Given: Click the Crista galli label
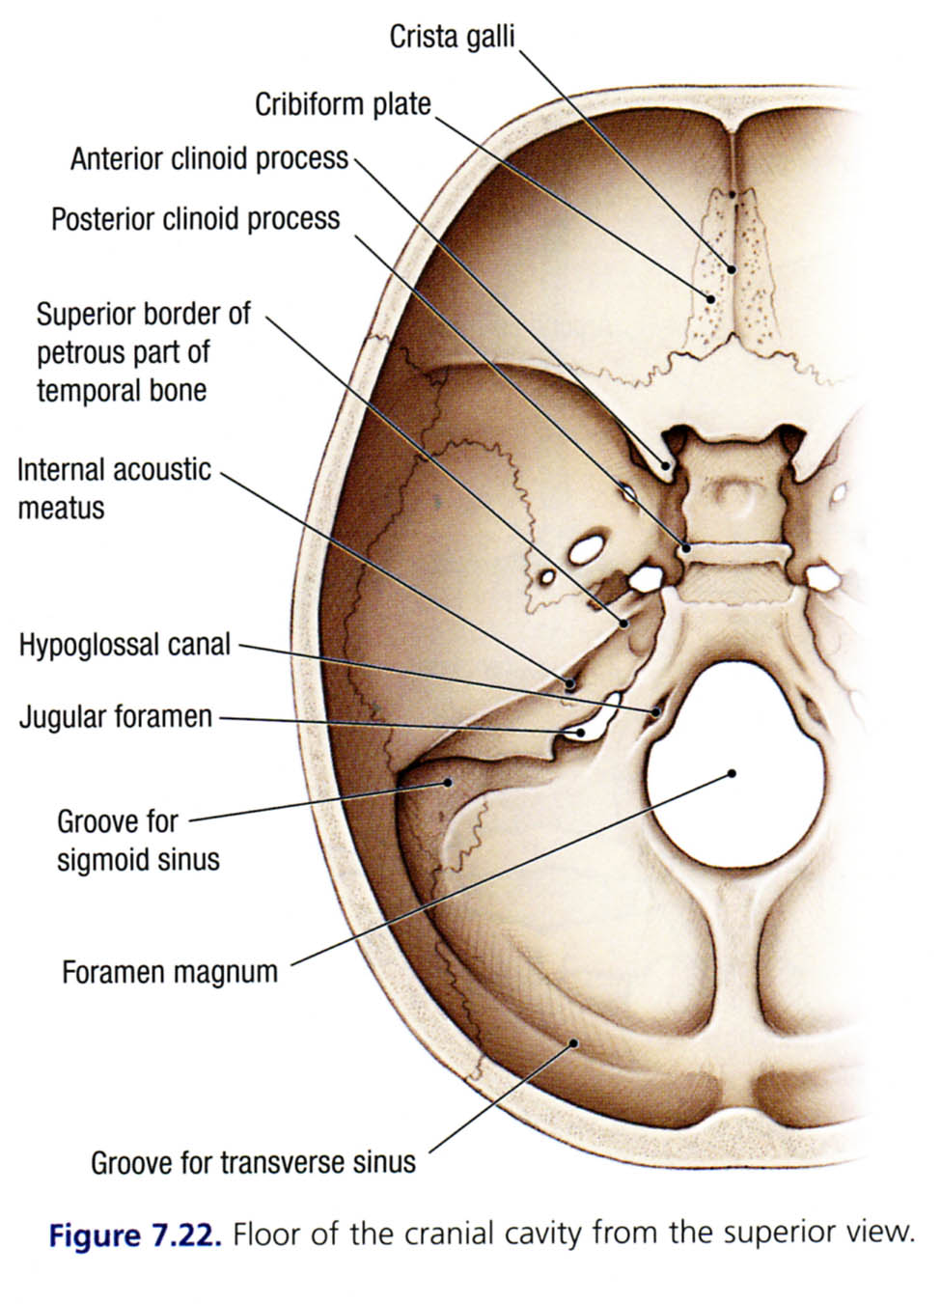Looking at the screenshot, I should [x=452, y=37].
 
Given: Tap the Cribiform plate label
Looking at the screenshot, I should [x=343, y=103].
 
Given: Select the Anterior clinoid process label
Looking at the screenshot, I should [x=208, y=158].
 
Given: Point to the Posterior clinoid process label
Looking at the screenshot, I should [x=195, y=219].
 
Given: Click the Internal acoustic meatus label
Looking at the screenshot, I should [x=113, y=488].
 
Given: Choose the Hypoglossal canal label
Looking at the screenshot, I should [x=125, y=645].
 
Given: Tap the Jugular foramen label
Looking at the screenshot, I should [x=115, y=717].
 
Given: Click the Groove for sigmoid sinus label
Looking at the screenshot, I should [x=137, y=841].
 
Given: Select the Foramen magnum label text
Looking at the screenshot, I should [x=169, y=971].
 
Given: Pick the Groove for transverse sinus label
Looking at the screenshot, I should [x=253, y=1162].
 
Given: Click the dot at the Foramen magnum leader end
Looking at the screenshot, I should [x=733, y=773].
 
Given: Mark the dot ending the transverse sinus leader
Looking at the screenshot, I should [x=574, y=1042].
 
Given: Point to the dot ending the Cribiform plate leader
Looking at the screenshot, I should [x=711, y=299].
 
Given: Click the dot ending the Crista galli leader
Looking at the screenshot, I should [x=733, y=269].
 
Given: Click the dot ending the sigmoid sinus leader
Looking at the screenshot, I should [x=447, y=782].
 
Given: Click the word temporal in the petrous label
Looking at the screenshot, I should [x=83, y=391].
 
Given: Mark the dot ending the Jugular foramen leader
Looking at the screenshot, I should [x=581, y=733].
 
